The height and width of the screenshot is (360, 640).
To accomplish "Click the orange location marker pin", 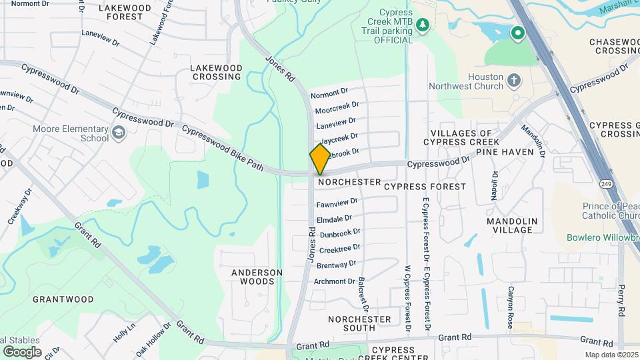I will click(320, 159).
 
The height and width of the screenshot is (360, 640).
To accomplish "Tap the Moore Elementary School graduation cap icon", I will click(119, 133).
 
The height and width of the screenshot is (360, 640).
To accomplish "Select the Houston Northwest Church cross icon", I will click(513, 81).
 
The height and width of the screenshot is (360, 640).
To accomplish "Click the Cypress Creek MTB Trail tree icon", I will click(422, 25).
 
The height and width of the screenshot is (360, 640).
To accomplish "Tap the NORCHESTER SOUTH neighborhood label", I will click(359, 323).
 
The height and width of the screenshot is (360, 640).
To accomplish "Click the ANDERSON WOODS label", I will click(257, 277).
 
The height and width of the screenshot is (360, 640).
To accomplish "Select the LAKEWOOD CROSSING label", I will click(215, 72).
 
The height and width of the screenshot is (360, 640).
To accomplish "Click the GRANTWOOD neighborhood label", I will click(63, 299).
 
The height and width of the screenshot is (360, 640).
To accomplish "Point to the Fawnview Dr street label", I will click(337, 202).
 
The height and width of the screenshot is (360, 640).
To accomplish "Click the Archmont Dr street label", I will click(335, 281).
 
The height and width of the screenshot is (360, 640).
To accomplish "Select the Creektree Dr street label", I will click(339, 248).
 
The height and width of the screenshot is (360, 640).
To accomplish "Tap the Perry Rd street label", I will click(621, 302).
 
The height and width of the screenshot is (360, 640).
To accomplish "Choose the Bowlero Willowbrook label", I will click(601, 237).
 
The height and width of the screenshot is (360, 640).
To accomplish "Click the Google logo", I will click(22, 351).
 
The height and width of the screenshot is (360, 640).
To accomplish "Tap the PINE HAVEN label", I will click(514, 152).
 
